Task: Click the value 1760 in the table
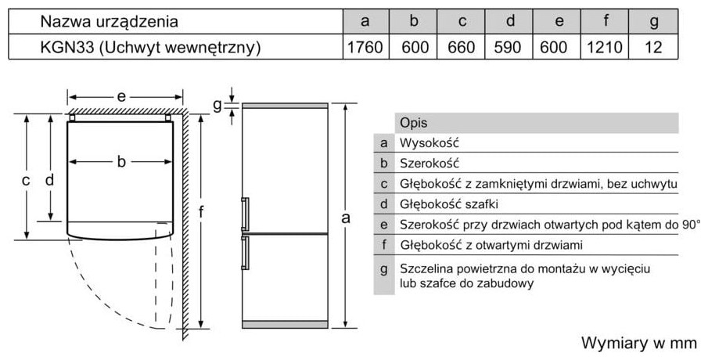point(365,47)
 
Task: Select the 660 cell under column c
point(462,47)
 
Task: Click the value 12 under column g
point(654,47)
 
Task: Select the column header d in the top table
point(509,21)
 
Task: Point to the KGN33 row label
point(149,47)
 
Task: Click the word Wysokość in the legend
point(428,143)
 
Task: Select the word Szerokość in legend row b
point(429,164)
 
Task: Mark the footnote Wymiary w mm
point(638,343)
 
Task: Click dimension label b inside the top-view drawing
point(121,162)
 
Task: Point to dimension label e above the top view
point(121,96)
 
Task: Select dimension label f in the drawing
point(201,212)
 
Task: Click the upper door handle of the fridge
point(246,212)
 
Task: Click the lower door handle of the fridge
point(246,252)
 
